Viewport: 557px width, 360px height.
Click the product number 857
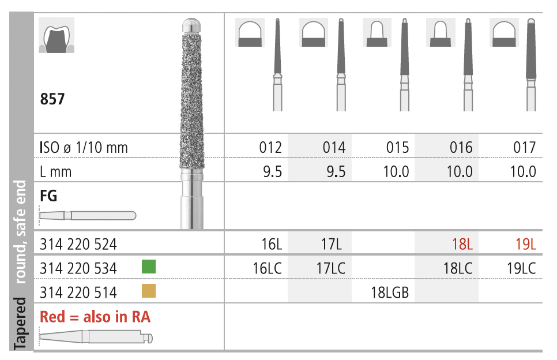tap(52, 99)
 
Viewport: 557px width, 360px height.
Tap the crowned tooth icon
tap(57, 35)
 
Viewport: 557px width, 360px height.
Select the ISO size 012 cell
tap(270, 148)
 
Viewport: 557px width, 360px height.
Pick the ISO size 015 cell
tap(397, 148)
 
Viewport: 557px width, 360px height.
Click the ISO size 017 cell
tap(524, 148)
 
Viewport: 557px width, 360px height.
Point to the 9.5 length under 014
tap(336, 172)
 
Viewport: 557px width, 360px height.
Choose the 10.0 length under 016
tap(460, 172)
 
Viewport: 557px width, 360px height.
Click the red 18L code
tap(462, 245)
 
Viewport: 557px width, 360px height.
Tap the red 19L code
tap(526, 245)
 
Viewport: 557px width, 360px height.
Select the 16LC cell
tap(267, 268)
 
